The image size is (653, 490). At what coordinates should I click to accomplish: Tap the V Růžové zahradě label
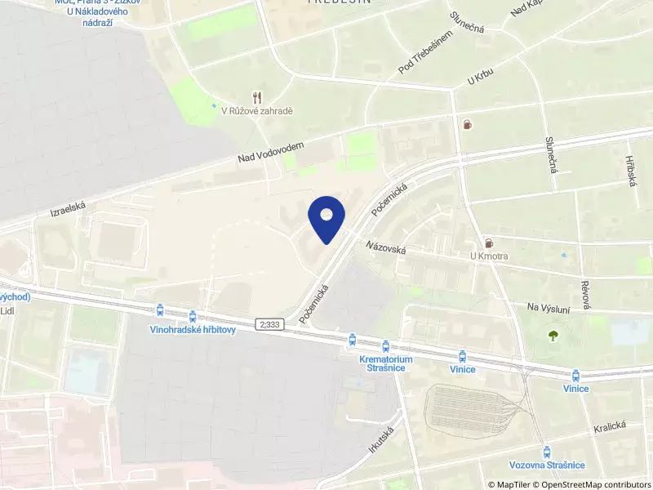pos(257,110)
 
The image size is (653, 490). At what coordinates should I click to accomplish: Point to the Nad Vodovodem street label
pos(271,152)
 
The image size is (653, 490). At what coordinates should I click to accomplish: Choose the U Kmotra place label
pos(489,256)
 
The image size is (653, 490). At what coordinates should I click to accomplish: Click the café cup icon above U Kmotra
pos(489,243)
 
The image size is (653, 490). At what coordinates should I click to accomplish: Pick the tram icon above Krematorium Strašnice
pos(352,339)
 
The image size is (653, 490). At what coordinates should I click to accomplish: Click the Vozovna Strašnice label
pos(547,465)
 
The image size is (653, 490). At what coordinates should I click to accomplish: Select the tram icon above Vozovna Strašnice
pos(547,451)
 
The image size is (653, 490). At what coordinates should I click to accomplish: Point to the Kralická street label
pos(609,426)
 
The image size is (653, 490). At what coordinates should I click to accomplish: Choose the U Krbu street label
pos(481,77)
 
